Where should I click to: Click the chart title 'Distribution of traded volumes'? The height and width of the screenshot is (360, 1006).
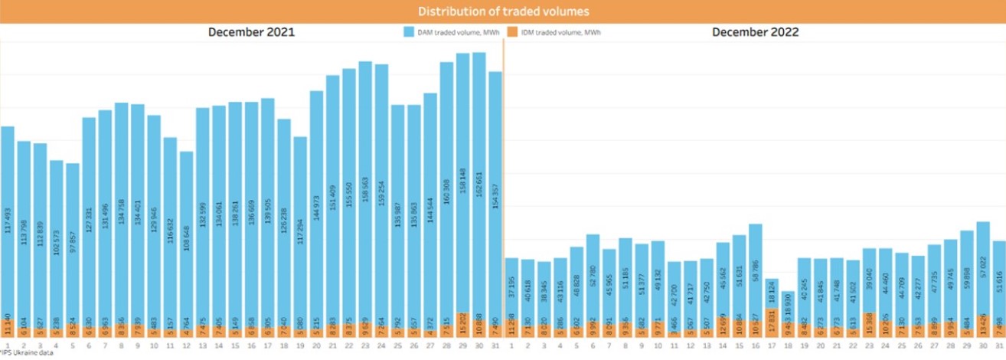pos(503,11)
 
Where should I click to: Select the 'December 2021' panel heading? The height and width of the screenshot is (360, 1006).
pos(251,32)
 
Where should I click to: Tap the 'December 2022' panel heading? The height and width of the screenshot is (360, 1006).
pos(755,32)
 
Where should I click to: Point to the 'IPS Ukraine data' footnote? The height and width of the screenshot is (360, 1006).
pos(22,353)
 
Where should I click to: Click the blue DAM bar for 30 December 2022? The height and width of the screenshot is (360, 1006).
pos(984,268)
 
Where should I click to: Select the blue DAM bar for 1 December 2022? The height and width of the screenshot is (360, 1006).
pos(512,287)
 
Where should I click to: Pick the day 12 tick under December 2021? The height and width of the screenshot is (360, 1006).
pos(187,346)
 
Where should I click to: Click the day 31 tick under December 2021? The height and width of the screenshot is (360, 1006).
pos(495,346)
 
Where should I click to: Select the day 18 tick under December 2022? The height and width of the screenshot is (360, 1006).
pos(788,346)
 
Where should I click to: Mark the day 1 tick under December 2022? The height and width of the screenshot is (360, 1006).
pos(512,346)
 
